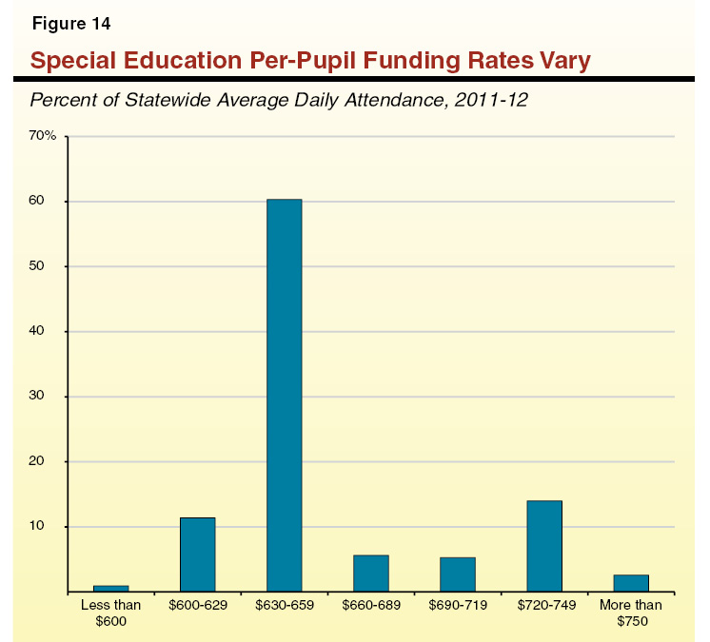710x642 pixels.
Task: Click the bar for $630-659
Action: [x=284, y=395]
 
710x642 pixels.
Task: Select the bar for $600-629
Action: [x=197, y=554]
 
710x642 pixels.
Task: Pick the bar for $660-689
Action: [x=370, y=574]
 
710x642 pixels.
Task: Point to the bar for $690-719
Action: [x=457, y=574]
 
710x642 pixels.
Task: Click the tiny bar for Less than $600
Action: [x=110, y=589]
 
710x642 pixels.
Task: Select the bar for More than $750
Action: [x=630, y=583]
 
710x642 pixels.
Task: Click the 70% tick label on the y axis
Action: [x=44, y=137]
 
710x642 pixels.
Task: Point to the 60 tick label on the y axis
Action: [x=47, y=202]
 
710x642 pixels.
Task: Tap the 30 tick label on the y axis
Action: [x=47, y=397]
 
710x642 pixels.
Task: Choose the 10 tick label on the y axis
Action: [x=47, y=527]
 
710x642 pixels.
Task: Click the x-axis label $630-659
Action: [x=284, y=605]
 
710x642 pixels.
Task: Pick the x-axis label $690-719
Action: [x=457, y=605]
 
